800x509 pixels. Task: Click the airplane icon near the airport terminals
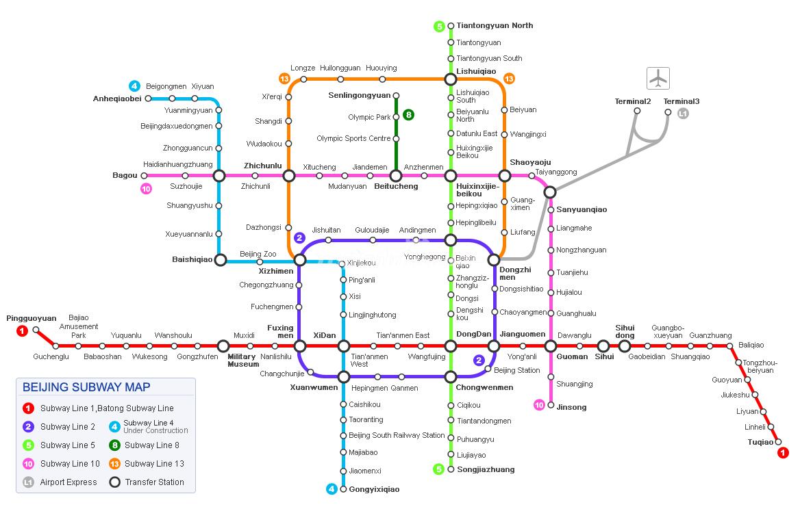(658, 78)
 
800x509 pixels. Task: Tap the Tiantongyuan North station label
(495, 26)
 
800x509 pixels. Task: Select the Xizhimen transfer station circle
(299, 260)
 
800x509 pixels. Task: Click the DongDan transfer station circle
(451, 346)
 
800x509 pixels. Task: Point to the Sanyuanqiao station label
(582, 209)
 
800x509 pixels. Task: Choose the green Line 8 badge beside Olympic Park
(409, 115)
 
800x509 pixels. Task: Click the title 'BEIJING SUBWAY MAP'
(86, 387)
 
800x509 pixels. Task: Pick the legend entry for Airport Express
(68, 482)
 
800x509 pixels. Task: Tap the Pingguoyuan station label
(32, 318)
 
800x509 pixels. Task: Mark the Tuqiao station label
(760, 442)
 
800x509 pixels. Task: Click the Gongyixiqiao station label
(374, 489)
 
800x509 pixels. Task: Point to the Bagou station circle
(144, 176)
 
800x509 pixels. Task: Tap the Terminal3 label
(682, 101)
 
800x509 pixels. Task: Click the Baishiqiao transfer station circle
(220, 260)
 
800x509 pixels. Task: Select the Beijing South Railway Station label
(397, 436)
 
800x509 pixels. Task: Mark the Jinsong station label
(571, 407)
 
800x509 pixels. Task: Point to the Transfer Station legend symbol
(114, 482)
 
